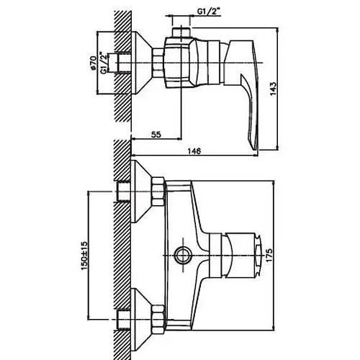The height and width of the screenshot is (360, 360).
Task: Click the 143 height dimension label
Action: click(274, 89)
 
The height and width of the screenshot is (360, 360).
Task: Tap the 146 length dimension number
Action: click(194, 151)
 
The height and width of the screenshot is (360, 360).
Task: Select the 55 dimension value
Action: click(156, 135)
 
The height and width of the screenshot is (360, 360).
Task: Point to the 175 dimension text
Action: click(269, 255)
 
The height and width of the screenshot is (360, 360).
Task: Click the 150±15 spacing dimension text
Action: click(84, 256)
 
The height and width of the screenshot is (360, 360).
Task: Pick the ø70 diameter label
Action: click(93, 63)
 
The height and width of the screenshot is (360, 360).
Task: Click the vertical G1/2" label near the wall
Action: click(104, 63)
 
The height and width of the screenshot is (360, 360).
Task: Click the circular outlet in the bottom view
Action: click(183, 255)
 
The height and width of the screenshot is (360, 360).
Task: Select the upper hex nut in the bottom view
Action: click(158, 192)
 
